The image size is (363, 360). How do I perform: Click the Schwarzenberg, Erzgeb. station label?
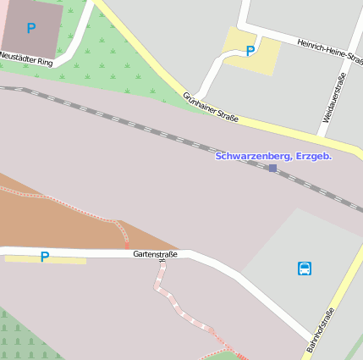pyautogui.click(x=273, y=157)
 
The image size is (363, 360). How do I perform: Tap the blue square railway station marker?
pyautogui.click(x=272, y=169)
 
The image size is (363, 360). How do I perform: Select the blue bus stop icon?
pyautogui.click(x=305, y=269)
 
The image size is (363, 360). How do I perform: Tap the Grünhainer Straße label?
pyautogui.click(x=211, y=107)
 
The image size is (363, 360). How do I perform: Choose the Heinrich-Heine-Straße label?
pyautogui.click(x=330, y=51)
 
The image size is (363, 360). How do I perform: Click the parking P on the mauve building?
pyautogui.click(x=31, y=28)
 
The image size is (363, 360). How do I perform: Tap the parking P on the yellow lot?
pyautogui.click(x=250, y=51)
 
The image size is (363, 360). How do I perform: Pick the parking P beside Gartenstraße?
pyautogui.click(x=45, y=257)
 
